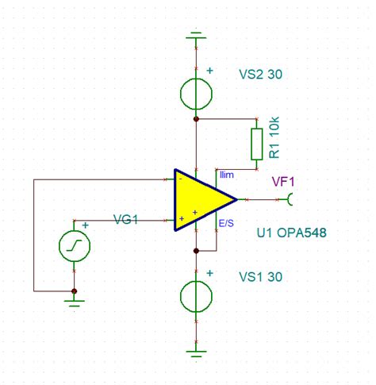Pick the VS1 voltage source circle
click(x=195, y=295)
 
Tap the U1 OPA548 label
click(x=291, y=234)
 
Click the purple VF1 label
click(x=283, y=181)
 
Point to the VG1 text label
click(x=125, y=219)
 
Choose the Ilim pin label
click(x=227, y=174)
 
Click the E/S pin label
click(x=228, y=224)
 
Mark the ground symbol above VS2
click(x=195, y=37)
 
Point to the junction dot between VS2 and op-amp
click(x=195, y=118)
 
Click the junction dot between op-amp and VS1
click(x=195, y=251)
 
